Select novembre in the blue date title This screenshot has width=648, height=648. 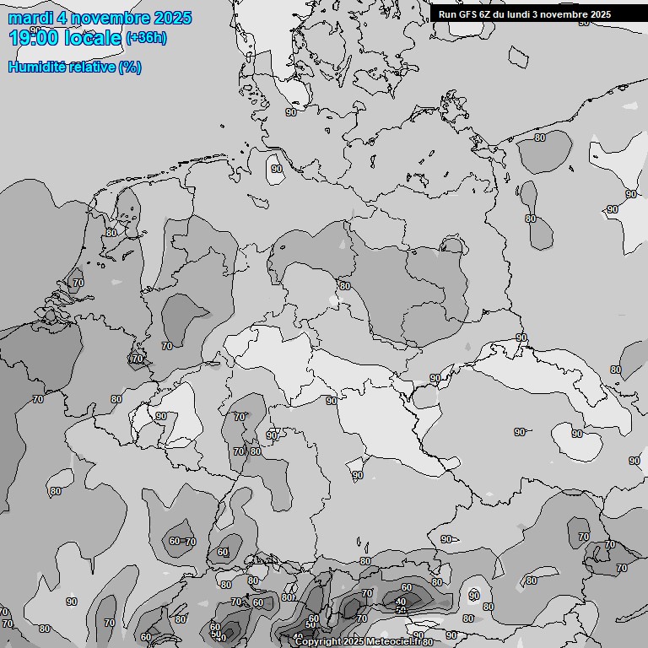[111, 18]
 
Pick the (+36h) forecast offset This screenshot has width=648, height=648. [146, 38]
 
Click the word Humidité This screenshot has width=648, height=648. [39, 67]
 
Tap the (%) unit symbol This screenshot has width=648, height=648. [130, 67]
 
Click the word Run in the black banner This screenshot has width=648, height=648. [448, 14]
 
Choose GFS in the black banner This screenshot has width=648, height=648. [469, 14]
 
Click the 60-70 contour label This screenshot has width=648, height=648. [182, 542]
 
